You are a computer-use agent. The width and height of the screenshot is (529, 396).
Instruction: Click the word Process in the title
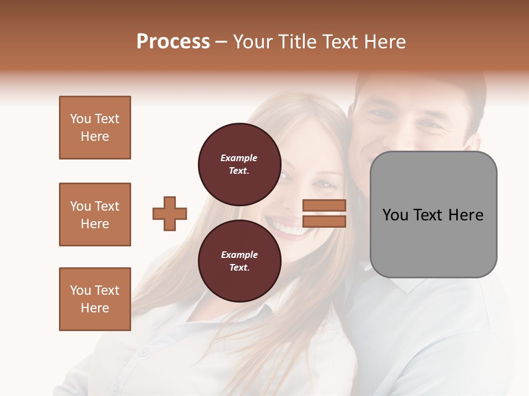(173, 42)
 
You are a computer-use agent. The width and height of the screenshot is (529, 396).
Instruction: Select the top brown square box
(95, 128)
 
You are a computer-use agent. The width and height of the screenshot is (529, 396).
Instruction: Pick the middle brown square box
(95, 215)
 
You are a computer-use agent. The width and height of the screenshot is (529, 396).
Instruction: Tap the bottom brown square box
(95, 299)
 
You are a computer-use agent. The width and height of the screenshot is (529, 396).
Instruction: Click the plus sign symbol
(170, 213)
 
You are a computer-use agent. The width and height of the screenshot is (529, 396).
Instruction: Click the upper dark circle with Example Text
(239, 164)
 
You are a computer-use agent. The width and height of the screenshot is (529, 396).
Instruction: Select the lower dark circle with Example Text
(239, 261)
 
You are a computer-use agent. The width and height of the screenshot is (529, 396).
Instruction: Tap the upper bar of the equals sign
(325, 206)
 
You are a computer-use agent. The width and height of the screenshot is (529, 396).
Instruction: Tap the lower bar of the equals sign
(325, 221)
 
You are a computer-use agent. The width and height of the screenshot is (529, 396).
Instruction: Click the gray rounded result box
(433, 215)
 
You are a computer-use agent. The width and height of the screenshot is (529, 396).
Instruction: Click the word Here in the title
(386, 42)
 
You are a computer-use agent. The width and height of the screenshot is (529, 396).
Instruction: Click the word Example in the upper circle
(239, 158)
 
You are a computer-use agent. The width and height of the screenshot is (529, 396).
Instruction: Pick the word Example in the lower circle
(239, 255)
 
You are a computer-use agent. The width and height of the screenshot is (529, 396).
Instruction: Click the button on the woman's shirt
(143, 350)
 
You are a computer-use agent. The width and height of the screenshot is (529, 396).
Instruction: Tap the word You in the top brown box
(80, 119)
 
